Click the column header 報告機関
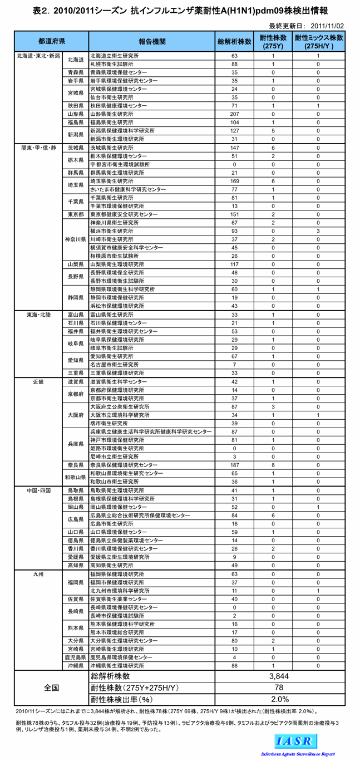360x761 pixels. [152, 42]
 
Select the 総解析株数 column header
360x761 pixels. [234, 42]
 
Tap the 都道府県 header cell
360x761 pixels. [51, 42]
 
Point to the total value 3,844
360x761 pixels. [279, 676]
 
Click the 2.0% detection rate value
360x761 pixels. [279, 699]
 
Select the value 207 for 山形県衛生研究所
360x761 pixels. [234, 114]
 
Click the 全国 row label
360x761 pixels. [51, 688]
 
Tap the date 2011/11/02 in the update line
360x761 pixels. [327, 26]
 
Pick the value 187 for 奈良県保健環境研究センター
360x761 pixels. [234, 465]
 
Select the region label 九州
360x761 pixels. [38, 574]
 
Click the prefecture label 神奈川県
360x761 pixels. [75, 239]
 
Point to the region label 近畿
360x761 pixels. [38, 382]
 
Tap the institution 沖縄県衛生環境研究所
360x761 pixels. [117, 666]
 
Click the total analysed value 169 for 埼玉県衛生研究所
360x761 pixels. [234, 181]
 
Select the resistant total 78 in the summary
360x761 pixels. [279, 688]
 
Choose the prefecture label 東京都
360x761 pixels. [75, 214]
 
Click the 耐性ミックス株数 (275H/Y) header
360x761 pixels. [318, 42]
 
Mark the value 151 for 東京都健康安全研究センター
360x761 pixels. [234, 214]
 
